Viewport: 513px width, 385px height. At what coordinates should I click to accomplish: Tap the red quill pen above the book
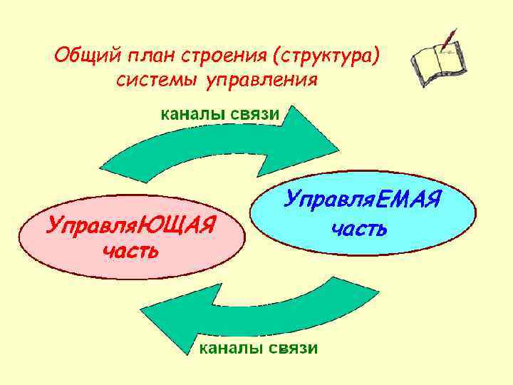click(x=448, y=38)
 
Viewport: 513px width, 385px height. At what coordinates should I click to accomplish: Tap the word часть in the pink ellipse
click(x=130, y=251)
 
